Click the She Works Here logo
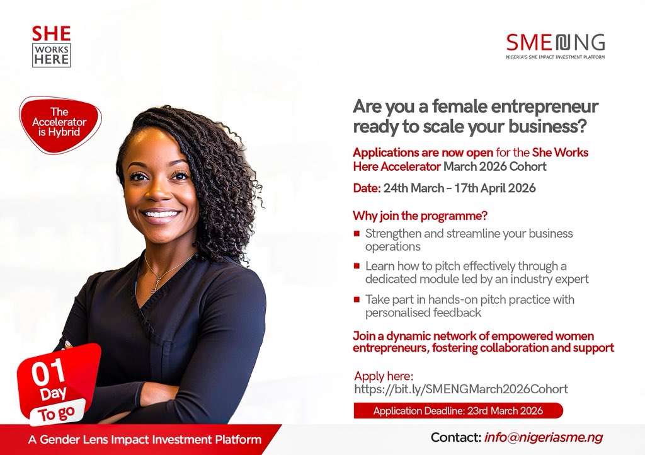tap(52, 46)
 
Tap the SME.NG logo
tap(556, 46)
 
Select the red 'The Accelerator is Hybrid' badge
tap(60, 125)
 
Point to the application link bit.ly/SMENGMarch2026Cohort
tap(460, 389)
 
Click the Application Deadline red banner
tap(459, 410)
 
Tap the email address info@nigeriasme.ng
tap(544, 437)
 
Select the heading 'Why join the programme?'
tap(420, 216)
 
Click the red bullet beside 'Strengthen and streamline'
tap(357, 234)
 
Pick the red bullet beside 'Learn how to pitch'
tap(357, 266)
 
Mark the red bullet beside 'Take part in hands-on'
tap(357, 299)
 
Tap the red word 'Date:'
tap(367, 188)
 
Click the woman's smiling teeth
tap(161, 214)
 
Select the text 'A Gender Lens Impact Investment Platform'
tap(145, 439)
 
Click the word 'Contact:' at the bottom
tap(456, 437)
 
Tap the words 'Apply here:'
tap(384, 376)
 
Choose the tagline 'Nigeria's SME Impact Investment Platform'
tap(556, 57)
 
